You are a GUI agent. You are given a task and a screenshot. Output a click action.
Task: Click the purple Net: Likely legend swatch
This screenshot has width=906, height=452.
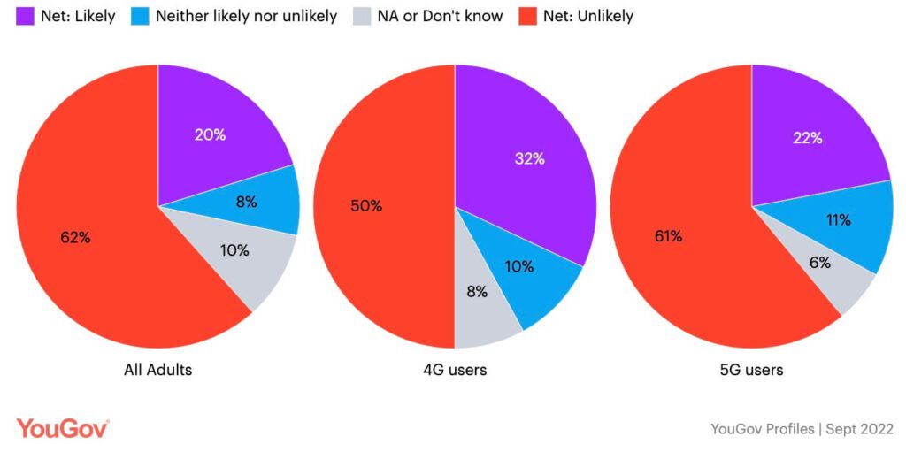tap(25, 16)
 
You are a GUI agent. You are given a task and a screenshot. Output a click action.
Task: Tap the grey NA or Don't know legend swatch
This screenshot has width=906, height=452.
tap(362, 16)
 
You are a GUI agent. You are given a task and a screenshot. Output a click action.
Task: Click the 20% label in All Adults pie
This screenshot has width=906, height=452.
tap(211, 135)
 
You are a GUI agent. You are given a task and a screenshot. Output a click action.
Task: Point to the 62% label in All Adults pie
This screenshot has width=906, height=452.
tap(75, 237)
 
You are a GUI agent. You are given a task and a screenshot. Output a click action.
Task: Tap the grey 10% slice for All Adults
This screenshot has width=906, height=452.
tap(234, 250)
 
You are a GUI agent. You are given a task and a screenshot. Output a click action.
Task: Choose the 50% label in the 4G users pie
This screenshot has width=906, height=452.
tap(366, 206)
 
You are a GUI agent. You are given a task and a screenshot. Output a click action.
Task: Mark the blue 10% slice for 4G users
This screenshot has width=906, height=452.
tap(518, 266)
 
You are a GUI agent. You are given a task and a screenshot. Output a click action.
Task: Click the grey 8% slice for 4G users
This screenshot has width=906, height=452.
tap(476, 293)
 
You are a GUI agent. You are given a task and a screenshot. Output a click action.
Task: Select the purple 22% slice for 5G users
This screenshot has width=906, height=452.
tap(808, 138)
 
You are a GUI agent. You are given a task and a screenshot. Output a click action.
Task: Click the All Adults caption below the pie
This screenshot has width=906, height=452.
tap(157, 370)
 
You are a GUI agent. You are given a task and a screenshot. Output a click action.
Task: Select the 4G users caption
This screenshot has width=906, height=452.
tap(455, 370)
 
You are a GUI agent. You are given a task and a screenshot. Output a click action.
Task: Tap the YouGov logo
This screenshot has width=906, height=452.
tap(62, 428)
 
